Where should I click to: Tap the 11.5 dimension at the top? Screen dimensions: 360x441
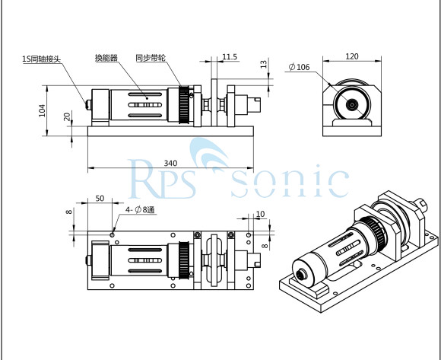tap(230, 56)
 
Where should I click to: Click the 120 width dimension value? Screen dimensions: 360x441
tap(352, 56)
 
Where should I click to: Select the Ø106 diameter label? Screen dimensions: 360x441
tap(299, 68)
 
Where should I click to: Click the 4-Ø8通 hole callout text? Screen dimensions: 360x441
tap(141, 209)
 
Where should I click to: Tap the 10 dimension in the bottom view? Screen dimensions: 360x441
tap(260, 215)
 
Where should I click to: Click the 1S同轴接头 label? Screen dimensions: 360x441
tap(42, 57)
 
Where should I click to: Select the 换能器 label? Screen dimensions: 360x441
tap(106, 57)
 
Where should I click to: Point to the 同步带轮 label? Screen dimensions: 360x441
tap(149, 57)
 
